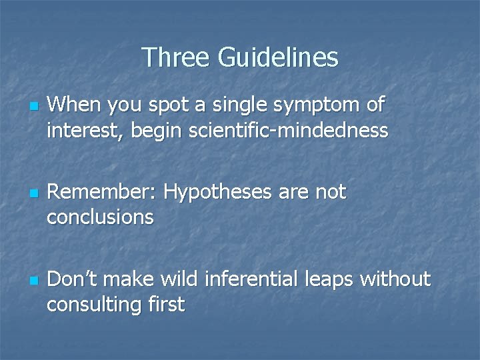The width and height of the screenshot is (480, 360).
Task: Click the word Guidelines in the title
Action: coord(278,57)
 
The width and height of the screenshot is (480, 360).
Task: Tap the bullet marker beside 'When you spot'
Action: coord(32,107)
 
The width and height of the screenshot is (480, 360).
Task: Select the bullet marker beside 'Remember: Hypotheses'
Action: coord(32,195)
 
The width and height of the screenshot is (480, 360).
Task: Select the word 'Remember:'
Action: coord(103,192)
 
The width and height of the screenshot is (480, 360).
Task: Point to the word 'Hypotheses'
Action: coord(218,192)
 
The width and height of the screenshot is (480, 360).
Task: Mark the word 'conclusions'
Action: coord(100,216)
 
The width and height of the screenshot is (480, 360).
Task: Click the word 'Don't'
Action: coord(73,279)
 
